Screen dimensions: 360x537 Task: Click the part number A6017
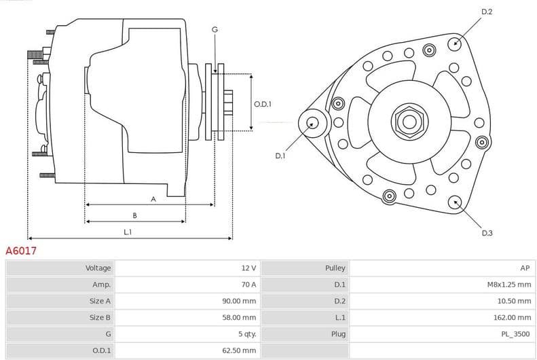click(x=21, y=251)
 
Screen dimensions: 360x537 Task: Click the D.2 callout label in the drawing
click(x=487, y=12)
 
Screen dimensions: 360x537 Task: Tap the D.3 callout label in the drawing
click(x=487, y=233)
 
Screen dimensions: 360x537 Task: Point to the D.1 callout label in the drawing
click(x=280, y=156)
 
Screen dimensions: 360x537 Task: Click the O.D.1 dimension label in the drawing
click(x=263, y=104)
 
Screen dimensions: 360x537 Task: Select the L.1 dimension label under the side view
click(x=128, y=232)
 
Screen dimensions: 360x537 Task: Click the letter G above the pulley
click(x=215, y=29)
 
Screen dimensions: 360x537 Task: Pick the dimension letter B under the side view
click(x=134, y=215)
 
